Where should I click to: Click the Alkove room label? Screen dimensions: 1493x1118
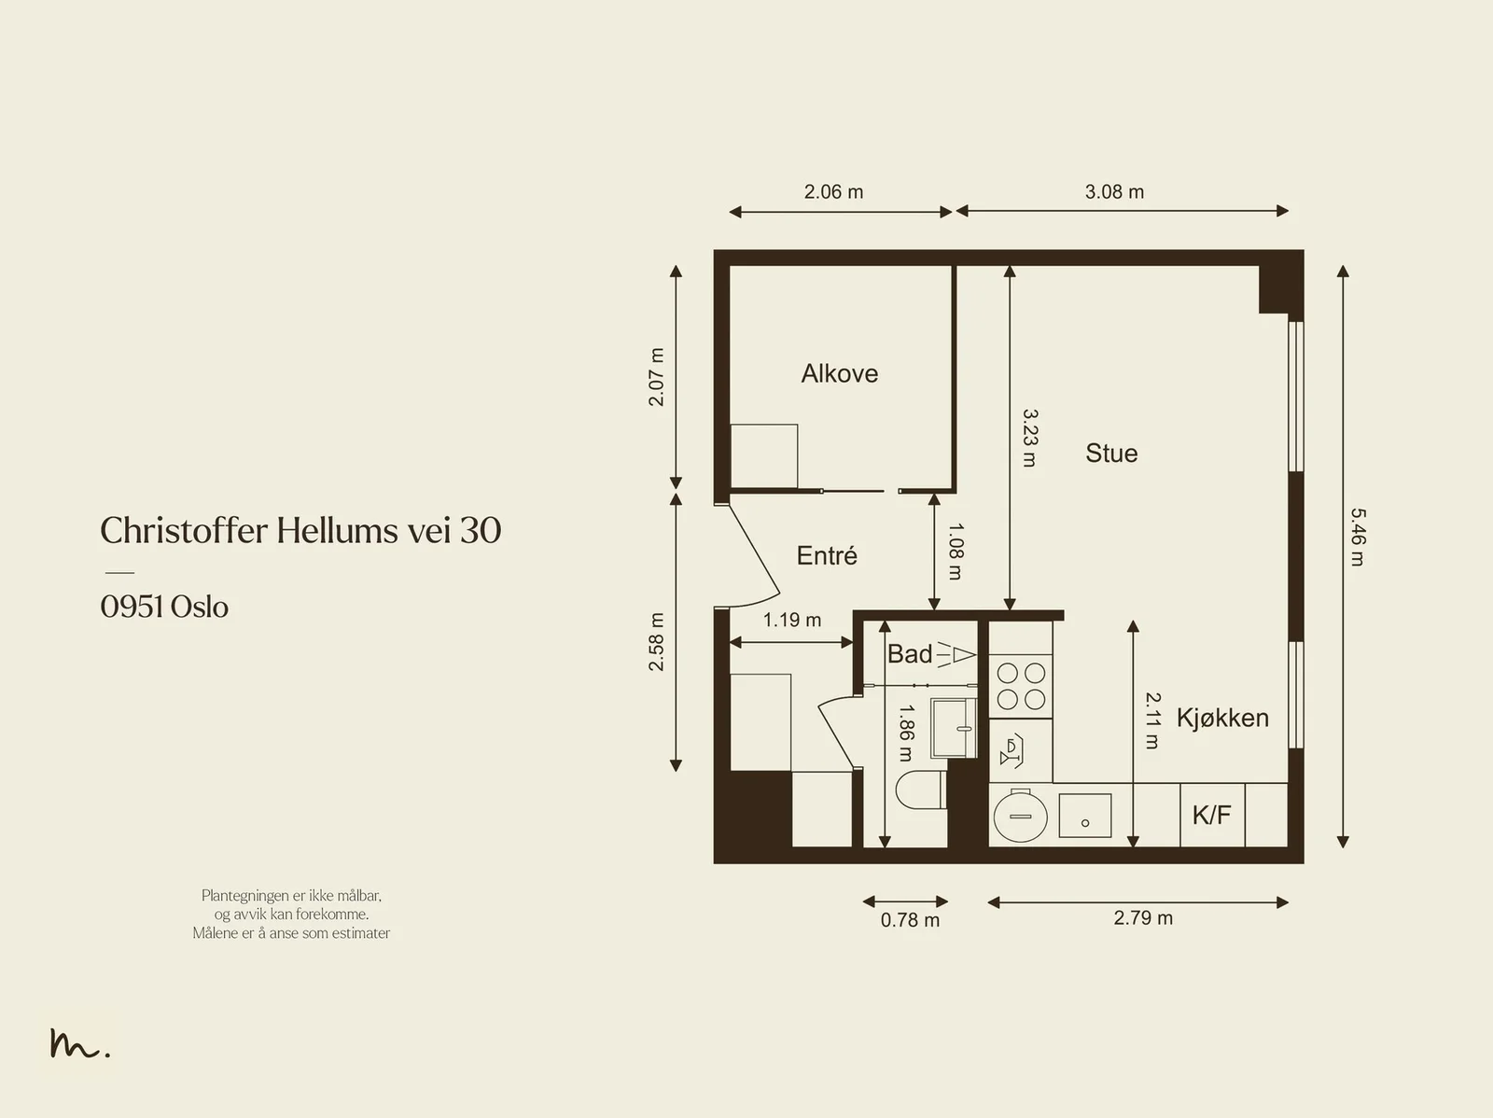tap(839, 374)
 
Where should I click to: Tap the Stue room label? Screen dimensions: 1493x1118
tap(1111, 454)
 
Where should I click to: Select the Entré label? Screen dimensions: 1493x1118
tap(827, 555)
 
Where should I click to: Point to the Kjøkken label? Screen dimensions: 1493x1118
tap(1222, 719)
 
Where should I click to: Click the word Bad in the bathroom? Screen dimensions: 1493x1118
tap(910, 654)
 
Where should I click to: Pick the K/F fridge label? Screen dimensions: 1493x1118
tap(1211, 815)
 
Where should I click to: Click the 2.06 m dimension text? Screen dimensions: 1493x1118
tap(833, 191)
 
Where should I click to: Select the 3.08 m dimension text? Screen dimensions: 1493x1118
tap(1114, 191)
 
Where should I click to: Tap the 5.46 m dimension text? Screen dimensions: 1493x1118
tap(1358, 537)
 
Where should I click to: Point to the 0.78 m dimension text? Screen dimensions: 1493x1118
tap(910, 920)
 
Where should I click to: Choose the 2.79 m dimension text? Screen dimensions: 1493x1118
tap(1143, 918)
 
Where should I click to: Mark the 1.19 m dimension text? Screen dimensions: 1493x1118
tap(791, 621)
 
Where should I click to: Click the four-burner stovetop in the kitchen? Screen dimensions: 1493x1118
tap(1020, 686)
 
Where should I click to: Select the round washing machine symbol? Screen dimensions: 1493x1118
tap(1020, 816)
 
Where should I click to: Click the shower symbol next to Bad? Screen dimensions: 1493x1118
tap(956, 655)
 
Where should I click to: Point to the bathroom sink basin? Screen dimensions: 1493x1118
tap(954, 728)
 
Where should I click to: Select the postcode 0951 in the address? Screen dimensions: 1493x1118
tap(132, 607)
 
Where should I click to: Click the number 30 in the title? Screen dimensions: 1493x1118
tap(481, 530)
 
